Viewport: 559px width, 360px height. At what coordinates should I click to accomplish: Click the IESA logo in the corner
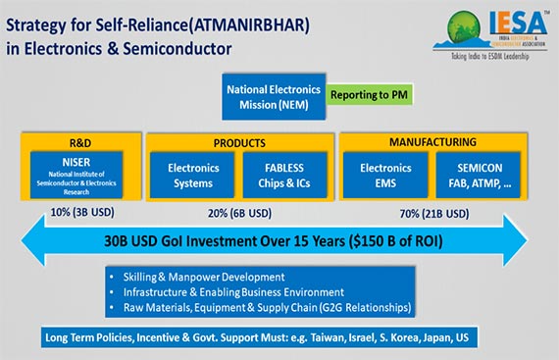coord(481,35)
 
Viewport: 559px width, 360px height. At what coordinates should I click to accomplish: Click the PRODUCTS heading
coord(239,142)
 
